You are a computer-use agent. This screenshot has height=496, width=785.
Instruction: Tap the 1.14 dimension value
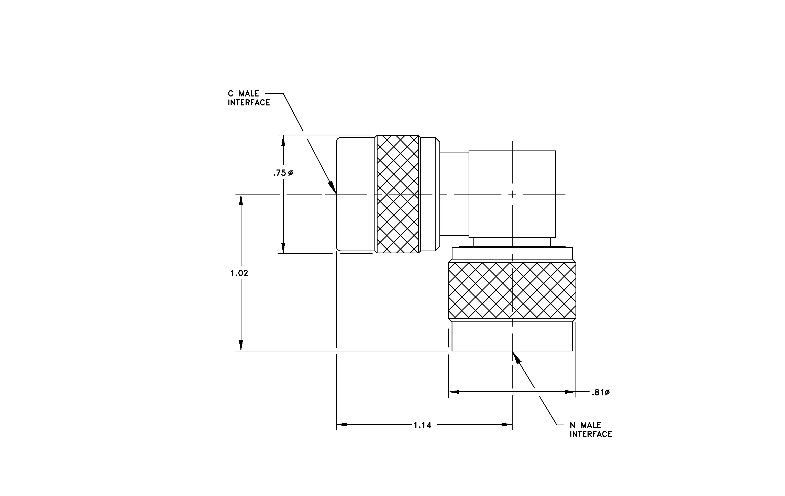click(x=423, y=425)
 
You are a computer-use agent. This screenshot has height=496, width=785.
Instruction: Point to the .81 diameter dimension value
click(x=601, y=393)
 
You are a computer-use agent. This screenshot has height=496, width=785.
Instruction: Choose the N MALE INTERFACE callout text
click(x=591, y=429)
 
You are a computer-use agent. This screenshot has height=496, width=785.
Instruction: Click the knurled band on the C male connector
click(x=398, y=194)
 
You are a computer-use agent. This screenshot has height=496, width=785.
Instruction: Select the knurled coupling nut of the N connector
click(x=512, y=290)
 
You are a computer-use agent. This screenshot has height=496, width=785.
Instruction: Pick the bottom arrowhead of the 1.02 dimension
click(x=241, y=345)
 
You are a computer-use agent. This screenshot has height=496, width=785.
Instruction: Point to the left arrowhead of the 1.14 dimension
click(x=342, y=425)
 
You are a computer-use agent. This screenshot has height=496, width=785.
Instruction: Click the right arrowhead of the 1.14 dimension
click(x=507, y=425)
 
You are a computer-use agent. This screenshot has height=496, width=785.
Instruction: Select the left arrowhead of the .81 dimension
click(x=454, y=392)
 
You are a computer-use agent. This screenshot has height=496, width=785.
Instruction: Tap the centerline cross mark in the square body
click(x=512, y=194)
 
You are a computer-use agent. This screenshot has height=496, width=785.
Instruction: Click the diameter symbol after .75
click(x=290, y=172)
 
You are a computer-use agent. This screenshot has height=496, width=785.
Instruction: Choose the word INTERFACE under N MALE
click(x=591, y=434)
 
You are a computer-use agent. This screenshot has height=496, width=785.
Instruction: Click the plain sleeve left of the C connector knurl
click(x=356, y=194)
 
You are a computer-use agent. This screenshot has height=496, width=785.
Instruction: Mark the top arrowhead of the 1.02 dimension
click(x=241, y=200)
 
